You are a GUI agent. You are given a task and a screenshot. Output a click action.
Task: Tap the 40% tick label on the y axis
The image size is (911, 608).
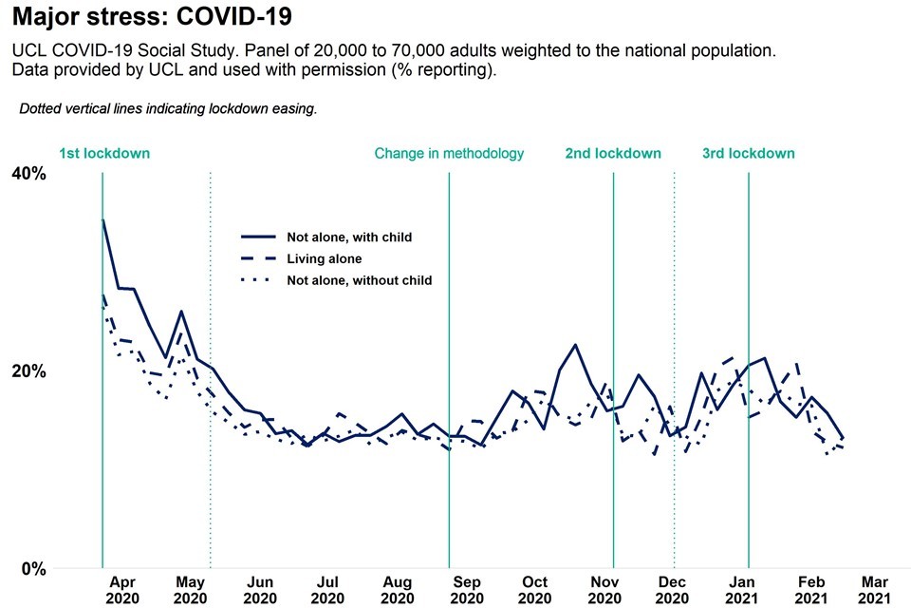tap(28, 173)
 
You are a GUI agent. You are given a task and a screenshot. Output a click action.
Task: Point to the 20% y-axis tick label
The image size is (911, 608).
tap(28, 370)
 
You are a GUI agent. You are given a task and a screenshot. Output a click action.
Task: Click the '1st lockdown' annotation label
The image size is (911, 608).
tap(104, 153)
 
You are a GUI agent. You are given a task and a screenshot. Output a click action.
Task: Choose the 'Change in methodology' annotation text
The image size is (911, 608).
tap(449, 153)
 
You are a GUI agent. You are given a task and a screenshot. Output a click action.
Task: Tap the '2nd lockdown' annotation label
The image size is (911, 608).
tap(613, 153)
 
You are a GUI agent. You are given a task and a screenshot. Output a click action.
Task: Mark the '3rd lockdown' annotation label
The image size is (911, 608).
tap(749, 153)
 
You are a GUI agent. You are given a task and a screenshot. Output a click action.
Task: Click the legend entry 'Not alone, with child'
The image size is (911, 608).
tap(349, 237)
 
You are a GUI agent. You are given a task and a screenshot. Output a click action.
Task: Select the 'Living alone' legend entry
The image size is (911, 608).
tap(324, 258)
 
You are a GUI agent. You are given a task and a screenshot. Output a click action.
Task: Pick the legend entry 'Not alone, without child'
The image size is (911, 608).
tap(359, 280)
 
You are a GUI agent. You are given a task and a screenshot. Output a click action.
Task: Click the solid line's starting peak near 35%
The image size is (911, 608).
tap(103, 220)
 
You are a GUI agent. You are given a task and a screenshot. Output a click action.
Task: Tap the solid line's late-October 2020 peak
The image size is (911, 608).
tap(575, 345)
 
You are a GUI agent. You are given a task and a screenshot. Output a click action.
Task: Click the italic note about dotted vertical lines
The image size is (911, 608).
tap(168, 109)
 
